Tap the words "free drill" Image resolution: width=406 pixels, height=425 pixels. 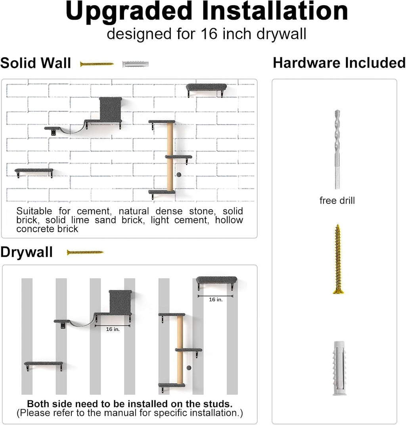point(337,200)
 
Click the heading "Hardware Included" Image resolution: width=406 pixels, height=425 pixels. point(339,63)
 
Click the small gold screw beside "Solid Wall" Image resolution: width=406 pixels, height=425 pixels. point(97,64)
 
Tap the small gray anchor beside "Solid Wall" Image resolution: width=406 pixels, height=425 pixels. point(136,64)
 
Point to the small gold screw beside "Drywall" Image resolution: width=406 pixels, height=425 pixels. point(85,252)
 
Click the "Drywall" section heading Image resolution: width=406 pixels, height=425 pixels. point(27,252)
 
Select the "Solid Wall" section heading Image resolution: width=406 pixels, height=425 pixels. point(36,63)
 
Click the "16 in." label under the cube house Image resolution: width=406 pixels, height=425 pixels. point(113,329)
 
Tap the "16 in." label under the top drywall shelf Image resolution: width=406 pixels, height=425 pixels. point(215,300)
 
